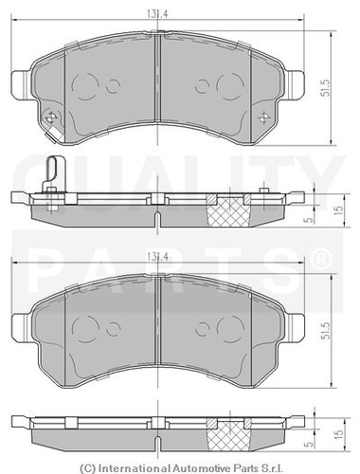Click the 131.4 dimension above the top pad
coord(157,15)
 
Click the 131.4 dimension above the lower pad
coord(157,257)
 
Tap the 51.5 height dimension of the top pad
coord(326,87)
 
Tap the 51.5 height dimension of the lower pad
coord(326,331)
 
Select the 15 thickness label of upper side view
coord(338,210)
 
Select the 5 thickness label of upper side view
coord(310,219)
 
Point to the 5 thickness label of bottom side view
coord(310,444)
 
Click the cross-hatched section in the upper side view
coord(229,210)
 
